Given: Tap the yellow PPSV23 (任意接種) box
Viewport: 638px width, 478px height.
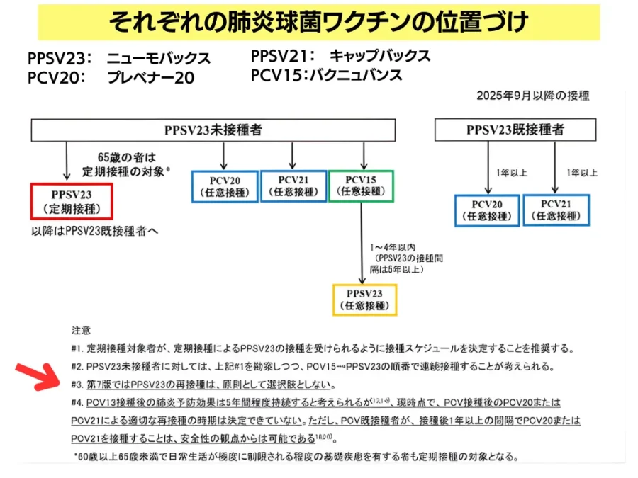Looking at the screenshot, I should coord(364,299).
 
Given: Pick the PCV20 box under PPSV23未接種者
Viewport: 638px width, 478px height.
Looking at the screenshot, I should coord(224,186).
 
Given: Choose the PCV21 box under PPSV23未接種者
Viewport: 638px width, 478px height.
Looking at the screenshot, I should coord(293,186).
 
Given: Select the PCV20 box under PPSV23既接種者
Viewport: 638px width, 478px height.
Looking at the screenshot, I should coord(487,210).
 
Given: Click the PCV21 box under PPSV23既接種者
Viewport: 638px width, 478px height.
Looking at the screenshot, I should coord(556,210).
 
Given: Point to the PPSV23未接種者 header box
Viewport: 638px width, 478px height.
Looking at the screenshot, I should coord(213,130).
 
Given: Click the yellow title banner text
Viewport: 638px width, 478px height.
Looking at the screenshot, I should coord(318,22).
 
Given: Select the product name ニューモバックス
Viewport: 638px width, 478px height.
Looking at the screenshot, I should coord(159,58).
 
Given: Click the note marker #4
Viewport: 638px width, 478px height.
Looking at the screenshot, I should coord(78,402).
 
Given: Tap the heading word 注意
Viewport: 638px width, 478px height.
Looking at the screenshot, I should coord(81,331).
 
